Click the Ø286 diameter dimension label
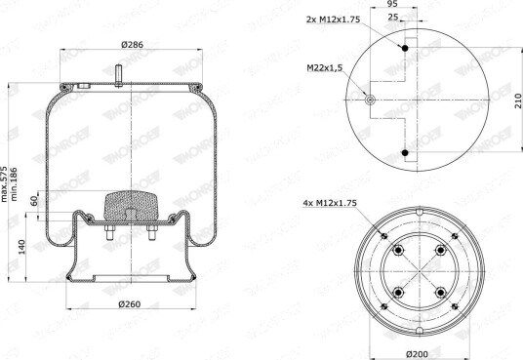coord(132,44)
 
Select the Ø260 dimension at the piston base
coord(130,304)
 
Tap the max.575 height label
coord(4,183)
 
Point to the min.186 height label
coord(14,183)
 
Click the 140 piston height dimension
coord(21,247)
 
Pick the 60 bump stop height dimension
coord(34,201)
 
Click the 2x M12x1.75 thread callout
coord(333,20)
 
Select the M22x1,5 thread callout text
coord(325,68)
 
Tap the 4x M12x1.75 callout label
coord(330,203)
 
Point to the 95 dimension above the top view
coord(392,4)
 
